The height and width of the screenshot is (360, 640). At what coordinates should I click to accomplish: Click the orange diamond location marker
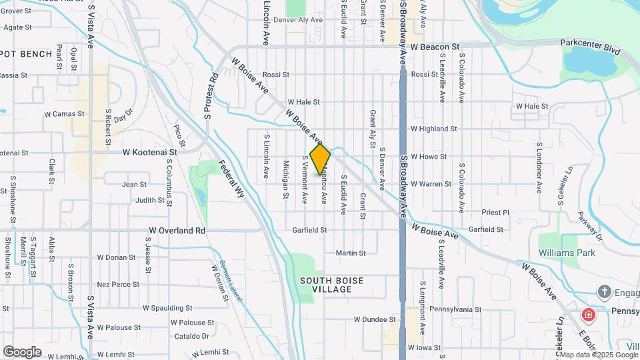pyautogui.click(x=321, y=159)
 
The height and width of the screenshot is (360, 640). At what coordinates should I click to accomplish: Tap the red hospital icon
pyautogui.click(x=589, y=315)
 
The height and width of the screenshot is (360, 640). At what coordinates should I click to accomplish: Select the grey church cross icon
pyautogui.click(x=604, y=291)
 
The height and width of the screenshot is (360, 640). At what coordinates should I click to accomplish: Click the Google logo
pyautogui.click(x=22, y=352)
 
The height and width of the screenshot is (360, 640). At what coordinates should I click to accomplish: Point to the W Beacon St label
pyautogui.click(x=435, y=47)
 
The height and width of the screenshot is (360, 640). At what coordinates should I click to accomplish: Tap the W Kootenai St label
pyautogui.click(x=154, y=153)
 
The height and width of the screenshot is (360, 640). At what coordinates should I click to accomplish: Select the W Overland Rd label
pyautogui.click(x=177, y=231)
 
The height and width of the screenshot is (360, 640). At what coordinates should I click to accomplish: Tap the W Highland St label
pyautogui.click(x=433, y=129)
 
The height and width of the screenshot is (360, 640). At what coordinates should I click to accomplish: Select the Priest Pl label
pyautogui.click(x=495, y=213)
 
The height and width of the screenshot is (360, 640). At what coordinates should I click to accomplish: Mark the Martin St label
pyautogui.click(x=351, y=253)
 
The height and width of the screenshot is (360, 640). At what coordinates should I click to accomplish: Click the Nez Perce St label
pyautogui.click(x=117, y=284)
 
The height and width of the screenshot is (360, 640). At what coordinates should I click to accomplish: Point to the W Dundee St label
pyautogui.click(x=375, y=319)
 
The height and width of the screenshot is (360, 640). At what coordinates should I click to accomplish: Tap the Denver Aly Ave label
pyautogui.click(x=297, y=20)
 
